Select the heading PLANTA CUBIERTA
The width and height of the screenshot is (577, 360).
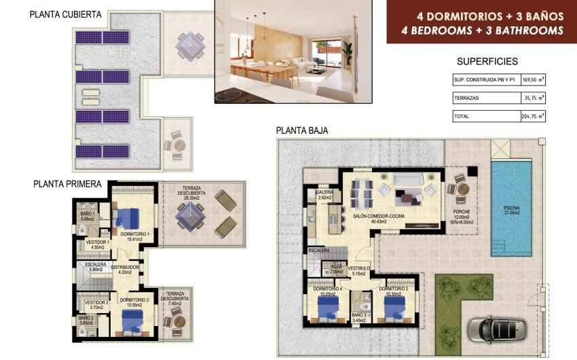[66, 14]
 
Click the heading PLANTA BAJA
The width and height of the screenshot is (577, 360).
[302, 130]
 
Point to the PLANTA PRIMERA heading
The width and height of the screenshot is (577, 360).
[68, 183]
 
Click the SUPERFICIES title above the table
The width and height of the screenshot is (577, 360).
[487, 61]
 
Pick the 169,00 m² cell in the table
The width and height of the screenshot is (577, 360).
[533, 80]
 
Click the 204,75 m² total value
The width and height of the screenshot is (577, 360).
[533, 116]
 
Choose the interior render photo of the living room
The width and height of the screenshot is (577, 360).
[293, 52]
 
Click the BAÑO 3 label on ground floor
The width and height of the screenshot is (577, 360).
[360, 314]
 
